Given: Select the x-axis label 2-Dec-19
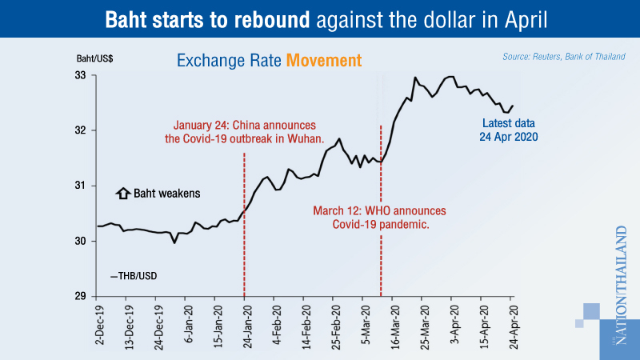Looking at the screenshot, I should [x=98, y=328].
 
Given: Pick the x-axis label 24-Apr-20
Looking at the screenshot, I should [x=513, y=328].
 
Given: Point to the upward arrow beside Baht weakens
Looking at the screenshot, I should [x=122, y=193].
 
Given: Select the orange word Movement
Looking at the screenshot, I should [x=326, y=60].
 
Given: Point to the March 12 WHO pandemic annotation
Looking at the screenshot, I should [x=380, y=218].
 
